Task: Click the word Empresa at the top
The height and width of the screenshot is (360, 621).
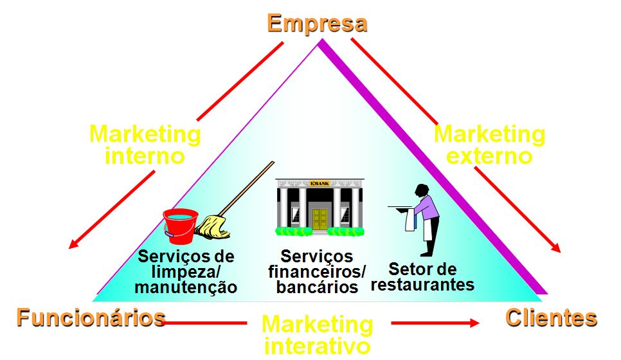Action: (317, 23)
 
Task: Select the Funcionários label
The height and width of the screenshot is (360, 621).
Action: (91, 318)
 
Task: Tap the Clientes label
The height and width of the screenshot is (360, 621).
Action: (551, 318)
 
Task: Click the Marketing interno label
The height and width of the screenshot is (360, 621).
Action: (145, 145)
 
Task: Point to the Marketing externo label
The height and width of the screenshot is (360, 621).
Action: (489, 145)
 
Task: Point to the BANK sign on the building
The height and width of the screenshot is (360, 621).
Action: (319, 184)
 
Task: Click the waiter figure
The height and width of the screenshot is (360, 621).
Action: (425, 219)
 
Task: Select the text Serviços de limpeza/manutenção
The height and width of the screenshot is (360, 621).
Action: (186, 272)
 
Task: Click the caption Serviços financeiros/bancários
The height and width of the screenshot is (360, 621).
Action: (317, 272)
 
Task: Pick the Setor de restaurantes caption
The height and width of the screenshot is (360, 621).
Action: (422, 276)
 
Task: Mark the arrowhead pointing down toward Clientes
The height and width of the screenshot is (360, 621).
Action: (556, 247)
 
